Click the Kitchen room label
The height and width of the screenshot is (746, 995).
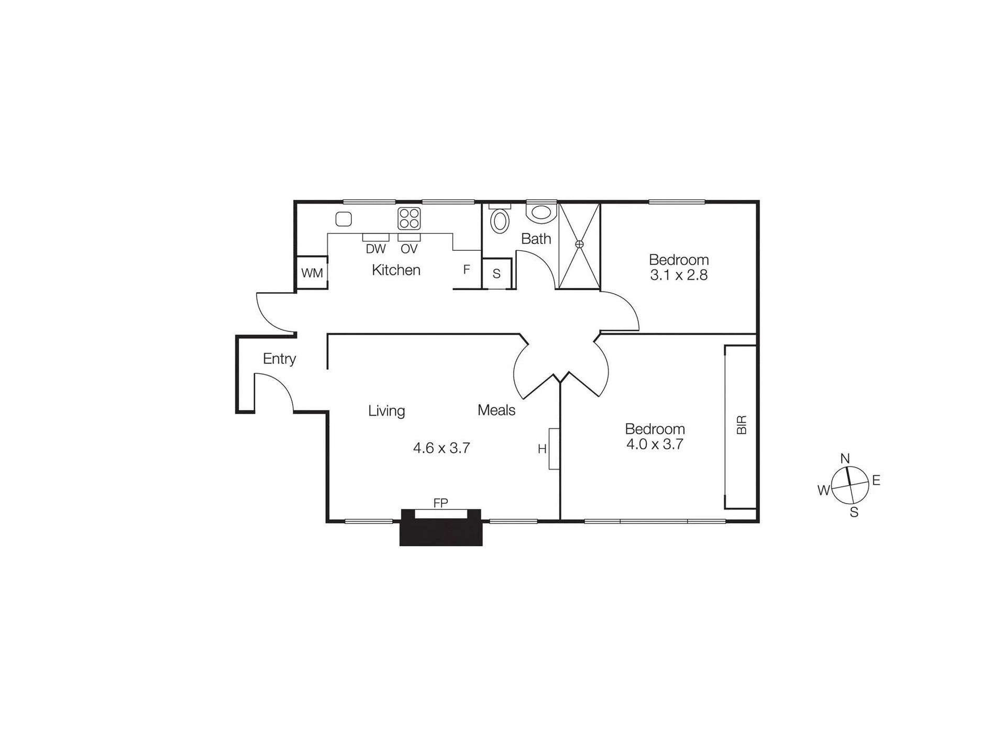tap(396, 270)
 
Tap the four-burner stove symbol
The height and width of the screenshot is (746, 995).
tap(409, 219)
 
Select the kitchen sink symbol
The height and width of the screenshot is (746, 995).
tap(344, 219)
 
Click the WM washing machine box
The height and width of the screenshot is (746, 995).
tap(312, 273)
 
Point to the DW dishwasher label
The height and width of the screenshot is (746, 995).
tap(375, 249)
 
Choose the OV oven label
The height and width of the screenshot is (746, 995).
tap(409, 249)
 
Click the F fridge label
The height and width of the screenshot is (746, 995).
tap(467, 270)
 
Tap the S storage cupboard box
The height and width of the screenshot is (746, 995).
tap(496, 273)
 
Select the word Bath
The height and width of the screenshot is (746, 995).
tap(536, 239)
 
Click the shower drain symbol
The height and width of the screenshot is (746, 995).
tap(579, 244)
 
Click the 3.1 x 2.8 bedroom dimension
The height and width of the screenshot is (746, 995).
tap(679, 275)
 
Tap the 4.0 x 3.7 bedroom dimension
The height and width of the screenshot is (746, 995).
tap(655, 444)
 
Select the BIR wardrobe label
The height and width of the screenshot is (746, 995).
tap(742, 425)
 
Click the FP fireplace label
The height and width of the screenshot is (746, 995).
tap(441, 503)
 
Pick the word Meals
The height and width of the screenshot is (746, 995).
tap(496, 410)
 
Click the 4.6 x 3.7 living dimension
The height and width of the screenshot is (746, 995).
tap(441, 448)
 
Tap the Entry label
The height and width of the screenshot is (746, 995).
tap(280, 359)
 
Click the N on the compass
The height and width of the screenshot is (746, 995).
tap(845, 459)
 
